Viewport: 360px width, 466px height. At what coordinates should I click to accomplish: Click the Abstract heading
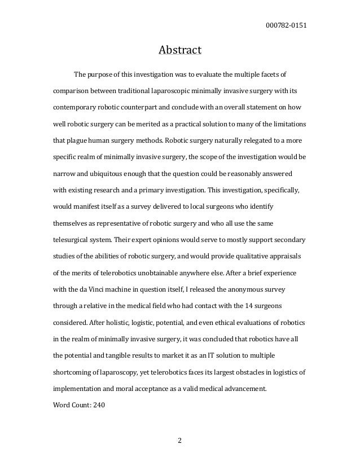point(179,51)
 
